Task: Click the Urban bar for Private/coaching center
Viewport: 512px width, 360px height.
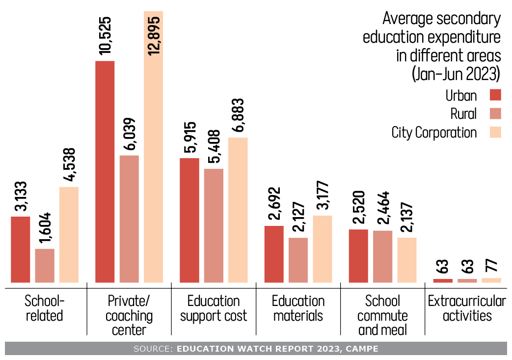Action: pos(105,172)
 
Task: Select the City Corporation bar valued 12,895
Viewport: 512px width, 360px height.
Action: pos(153,147)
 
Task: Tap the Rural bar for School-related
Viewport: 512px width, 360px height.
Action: pos(45,266)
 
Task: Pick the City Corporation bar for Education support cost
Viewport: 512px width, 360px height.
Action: pos(238,210)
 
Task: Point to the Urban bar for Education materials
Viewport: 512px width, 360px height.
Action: pos(274,254)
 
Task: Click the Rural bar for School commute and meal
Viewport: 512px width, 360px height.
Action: pos(382,256)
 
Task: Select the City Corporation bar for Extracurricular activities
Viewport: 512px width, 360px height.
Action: pos(491,280)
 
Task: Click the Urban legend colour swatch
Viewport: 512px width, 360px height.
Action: pos(495,94)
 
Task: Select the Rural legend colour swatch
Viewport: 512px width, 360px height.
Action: pos(495,113)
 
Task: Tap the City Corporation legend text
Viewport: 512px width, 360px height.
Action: pos(434,133)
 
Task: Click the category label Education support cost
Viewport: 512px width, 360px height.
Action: pos(214,308)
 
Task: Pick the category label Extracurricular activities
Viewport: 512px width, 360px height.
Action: pos(466,308)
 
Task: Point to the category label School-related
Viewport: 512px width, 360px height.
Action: pos(44,308)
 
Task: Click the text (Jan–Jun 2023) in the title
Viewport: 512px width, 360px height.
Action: pos(456,74)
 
